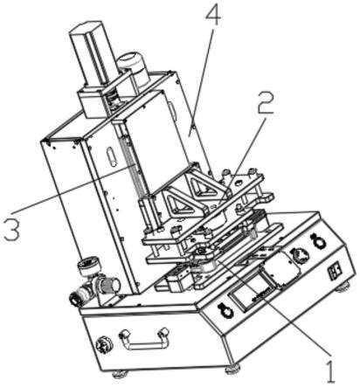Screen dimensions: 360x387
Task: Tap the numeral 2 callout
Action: [x=265, y=103]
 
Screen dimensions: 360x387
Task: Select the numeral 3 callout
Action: [x=12, y=230]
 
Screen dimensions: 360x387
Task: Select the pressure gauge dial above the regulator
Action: [x=87, y=264]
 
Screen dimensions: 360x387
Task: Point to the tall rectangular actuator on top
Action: [x=93, y=54]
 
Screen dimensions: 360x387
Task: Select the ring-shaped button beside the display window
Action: [x=225, y=311]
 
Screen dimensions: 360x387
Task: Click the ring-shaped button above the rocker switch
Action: [x=317, y=241]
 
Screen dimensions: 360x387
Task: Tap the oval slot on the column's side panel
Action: [x=111, y=156]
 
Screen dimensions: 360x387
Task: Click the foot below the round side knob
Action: [x=120, y=374]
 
